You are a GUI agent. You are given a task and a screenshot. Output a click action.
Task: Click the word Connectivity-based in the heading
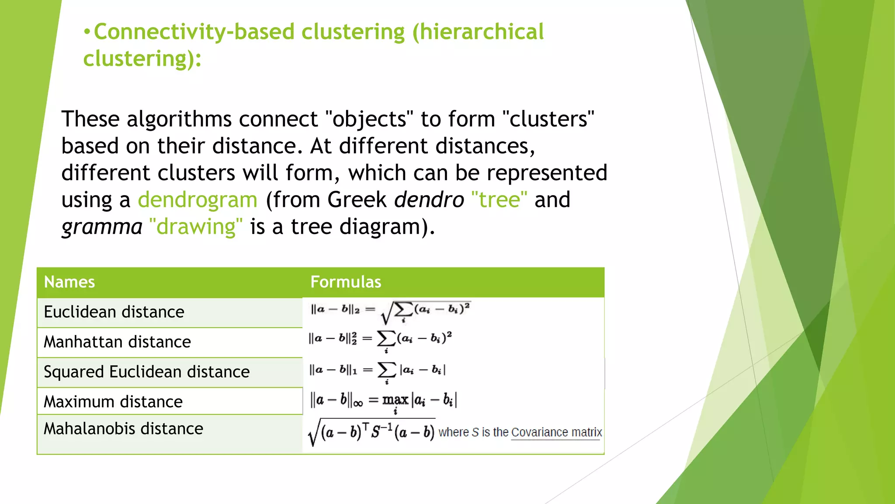pos(194,32)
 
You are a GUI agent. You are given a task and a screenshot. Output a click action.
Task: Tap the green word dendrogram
pos(198,200)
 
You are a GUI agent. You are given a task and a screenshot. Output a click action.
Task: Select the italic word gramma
pos(102,227)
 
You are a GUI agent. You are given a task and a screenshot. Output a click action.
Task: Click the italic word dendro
pos(429,200)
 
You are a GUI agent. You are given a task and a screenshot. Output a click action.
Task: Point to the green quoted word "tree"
pos(499,200)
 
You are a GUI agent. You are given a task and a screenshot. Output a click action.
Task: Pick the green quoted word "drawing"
pos(195,227)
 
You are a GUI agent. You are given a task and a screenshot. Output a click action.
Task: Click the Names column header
pos(69,282)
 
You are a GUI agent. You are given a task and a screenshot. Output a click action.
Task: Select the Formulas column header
pos(346,282)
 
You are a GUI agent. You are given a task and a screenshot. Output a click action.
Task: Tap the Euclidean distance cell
pos(114,312)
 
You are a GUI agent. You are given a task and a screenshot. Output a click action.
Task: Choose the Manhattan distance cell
pos(117,342)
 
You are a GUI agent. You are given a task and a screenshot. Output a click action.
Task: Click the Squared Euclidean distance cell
pos(146,372)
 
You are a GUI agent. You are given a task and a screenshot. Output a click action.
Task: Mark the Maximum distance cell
pos(113,402)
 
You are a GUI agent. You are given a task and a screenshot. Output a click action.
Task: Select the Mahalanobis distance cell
pos(123,429)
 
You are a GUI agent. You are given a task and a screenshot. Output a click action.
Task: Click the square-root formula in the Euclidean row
pos(390,311)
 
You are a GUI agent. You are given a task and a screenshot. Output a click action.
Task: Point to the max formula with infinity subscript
pos(383,400)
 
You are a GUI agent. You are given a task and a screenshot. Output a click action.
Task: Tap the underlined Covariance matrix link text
pos(556,432)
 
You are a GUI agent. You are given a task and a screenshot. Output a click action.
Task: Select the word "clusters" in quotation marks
pos(548,119)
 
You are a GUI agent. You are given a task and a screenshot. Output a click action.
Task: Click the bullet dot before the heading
pos(87,32)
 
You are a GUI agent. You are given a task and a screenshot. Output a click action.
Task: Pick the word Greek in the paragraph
pos(357,200)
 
